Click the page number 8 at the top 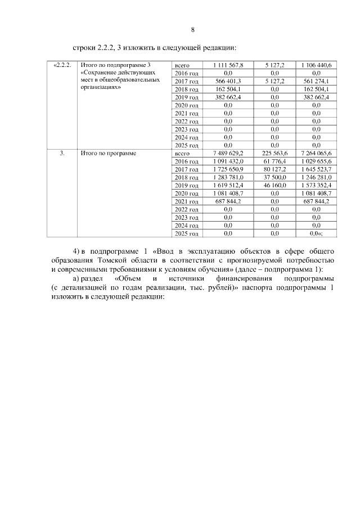192,29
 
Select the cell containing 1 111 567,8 228,66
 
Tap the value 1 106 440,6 316,66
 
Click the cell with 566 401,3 228,82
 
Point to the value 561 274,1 316,82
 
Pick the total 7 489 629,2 228,153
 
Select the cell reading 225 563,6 274,153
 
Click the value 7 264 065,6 316,153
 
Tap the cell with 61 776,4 274,161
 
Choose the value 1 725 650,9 228,169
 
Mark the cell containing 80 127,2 274,169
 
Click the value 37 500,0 274,177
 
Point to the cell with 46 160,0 274,185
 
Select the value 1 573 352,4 316,185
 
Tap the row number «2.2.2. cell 62,66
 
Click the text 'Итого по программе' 109,153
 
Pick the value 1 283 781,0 228,177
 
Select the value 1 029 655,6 316,161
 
